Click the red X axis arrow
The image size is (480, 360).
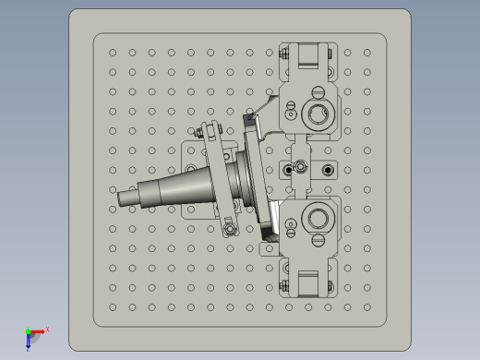coord(40,330)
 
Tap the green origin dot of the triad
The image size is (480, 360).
coord(28,330)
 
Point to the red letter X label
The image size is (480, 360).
coord(47,329)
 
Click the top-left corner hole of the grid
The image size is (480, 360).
coord(113,53)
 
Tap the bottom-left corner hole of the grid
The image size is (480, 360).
coord(113,306)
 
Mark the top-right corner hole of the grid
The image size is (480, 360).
coord(366,53)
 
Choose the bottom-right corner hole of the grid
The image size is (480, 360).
coord(366,306)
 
